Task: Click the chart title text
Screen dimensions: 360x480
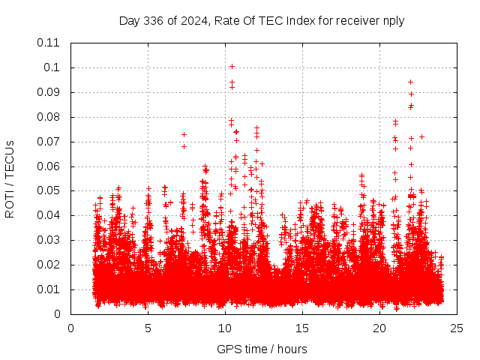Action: coord(262,21)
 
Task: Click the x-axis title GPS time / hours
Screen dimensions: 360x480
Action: coord(262,349)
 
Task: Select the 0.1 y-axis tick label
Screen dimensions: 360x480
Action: coord(54,67)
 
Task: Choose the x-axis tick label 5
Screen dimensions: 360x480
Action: coord(148,328)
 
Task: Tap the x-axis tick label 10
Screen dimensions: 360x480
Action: coord(225,328)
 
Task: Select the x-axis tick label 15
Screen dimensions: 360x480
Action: coord(302,328)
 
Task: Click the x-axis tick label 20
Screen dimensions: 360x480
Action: coord(379,328)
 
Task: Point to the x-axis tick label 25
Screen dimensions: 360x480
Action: coord(457,328)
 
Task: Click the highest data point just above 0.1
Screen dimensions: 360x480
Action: coord(232,66)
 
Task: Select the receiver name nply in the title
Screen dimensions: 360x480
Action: coord(391,21)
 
